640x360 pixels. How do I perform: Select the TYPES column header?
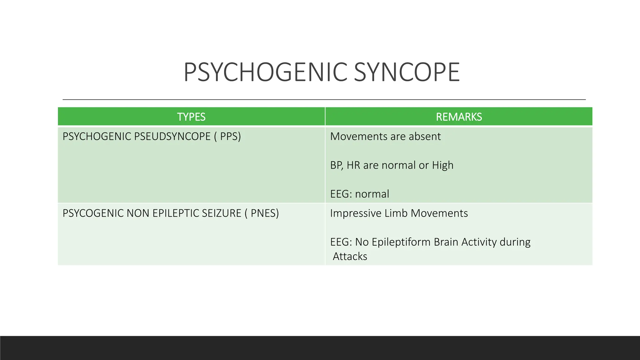pos(191,117)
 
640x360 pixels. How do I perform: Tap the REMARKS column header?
pos(459,117)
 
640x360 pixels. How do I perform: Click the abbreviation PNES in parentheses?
pos(264,213)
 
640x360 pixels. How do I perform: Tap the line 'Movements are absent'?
pos(385,137)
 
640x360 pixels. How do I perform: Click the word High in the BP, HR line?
pos(442,165)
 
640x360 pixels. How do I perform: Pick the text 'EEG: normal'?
pos(360,194)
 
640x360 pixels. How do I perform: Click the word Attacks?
pos(350,257)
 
